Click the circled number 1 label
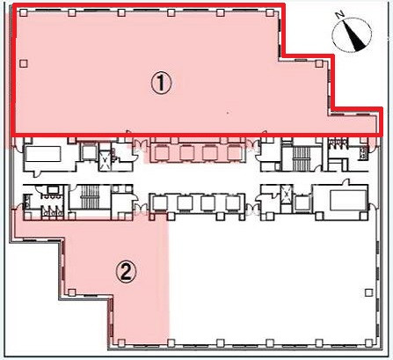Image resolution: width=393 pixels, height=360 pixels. pyautogui.click(x=161, y=84)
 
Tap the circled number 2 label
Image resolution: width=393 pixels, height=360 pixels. pyautogui.click(x=126, y=272)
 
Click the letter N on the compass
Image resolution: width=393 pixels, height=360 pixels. pyautogui.click(x=340, y=15)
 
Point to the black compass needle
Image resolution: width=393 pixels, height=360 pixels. pyautogui.click(x=354, y=35)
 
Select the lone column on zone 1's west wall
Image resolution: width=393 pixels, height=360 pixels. pyautogui.click(x=24, y=63)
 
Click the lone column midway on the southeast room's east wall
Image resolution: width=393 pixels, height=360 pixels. pyautogui.click(x=368, y=292)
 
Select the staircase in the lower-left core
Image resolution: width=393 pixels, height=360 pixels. pyautogui.click(x=90, y=196)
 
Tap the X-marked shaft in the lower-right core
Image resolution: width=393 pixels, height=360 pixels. pyautogui.click(x=286, y=193)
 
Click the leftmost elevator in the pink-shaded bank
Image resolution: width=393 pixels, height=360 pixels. pyautogui.click(x=162, y=153)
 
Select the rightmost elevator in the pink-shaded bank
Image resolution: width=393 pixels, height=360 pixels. pyautogui.click(x=235, y=153)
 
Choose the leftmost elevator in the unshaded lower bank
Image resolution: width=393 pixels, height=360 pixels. pyautogui.click(x=160, y=203)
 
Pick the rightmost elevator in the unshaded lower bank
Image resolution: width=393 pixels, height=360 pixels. pyautogui.click(x=233, y=203)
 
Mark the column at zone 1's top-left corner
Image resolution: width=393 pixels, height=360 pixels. pyautogui.click(x=24, y=12)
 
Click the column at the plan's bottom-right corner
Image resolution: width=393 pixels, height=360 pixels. pyautogui.click(x=369, y=342)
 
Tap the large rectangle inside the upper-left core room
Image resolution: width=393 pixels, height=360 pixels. pyautogui.click(x=43, y=154)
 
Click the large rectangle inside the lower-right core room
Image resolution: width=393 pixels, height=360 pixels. pyautogui.click(x=348, y=201)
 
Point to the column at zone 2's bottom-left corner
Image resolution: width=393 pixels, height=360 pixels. pyautogui.click(x=121, y=342)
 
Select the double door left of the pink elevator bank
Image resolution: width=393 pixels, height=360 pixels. pyautogui.click(x=138, y=143)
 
